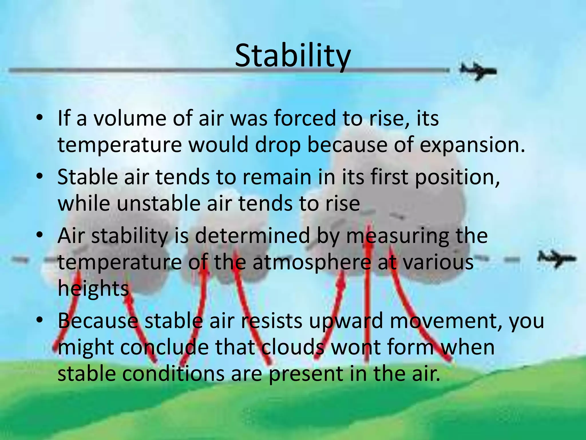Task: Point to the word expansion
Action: (x=472, y=145)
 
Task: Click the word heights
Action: (x=93, y=288)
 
